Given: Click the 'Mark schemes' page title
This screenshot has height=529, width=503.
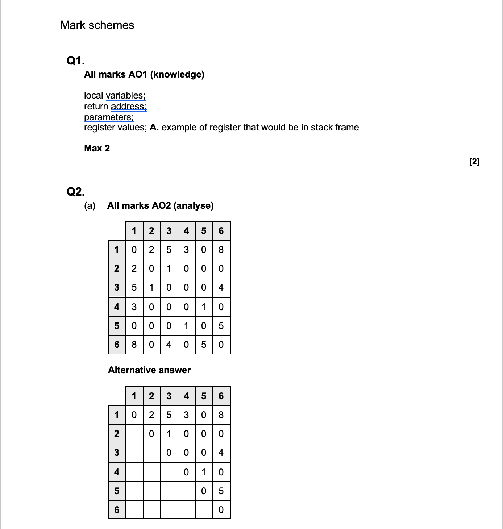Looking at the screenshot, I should click(97, 25).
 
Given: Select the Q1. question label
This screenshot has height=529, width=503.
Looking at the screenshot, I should click(76, 61).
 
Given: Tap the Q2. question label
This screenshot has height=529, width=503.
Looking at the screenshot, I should click(76, 191).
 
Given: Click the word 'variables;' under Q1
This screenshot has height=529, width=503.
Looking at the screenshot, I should click(125, 95).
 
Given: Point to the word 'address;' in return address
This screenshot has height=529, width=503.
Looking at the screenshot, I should click(129, 106).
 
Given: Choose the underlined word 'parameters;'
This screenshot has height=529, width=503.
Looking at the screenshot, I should click(109, 117).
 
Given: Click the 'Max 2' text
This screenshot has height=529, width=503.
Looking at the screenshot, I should click(97, 148).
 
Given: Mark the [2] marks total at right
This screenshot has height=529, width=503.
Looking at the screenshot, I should click(474, 162).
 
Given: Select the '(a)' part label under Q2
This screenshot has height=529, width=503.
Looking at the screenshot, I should click(90, 205).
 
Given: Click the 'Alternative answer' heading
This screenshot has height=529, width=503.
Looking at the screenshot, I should click(149, 370).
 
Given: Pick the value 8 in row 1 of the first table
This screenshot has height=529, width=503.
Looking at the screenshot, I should click(221, 250).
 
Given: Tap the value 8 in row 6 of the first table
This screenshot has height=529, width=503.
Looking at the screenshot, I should click(134, 344).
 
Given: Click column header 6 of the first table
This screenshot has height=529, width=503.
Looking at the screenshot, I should click(221, 231).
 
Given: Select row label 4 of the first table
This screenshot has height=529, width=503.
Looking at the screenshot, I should click(117, 307).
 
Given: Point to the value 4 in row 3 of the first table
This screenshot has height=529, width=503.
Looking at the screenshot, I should click(221, 287).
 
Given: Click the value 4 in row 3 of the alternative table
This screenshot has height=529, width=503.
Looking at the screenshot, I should click(221, 453).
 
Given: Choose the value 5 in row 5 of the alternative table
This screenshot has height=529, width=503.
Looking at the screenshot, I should click(221, 491).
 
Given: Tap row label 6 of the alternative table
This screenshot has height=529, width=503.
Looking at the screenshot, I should click(117, 510).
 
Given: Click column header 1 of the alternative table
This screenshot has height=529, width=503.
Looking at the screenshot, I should click(134, 396).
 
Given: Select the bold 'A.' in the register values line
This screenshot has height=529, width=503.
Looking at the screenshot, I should click(154, 128).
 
